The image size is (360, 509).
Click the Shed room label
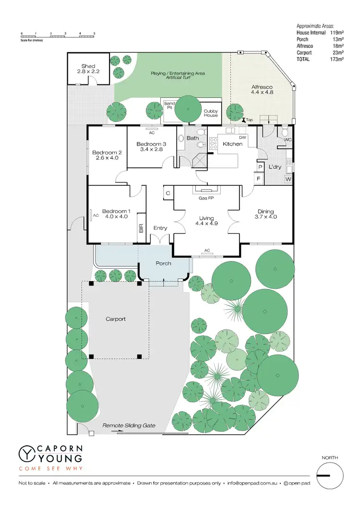[88, 66]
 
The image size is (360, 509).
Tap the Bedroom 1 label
[116, 211]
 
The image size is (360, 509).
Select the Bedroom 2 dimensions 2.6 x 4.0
[107, 158]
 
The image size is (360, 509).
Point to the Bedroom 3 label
[151, 144]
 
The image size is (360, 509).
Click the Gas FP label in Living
[206, 197]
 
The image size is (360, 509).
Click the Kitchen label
[232, 143]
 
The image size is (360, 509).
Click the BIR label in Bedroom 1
[141, 228]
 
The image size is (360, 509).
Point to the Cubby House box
[211, 113]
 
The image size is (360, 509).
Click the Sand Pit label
[169, 106]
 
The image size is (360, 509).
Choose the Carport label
[116, 319]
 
